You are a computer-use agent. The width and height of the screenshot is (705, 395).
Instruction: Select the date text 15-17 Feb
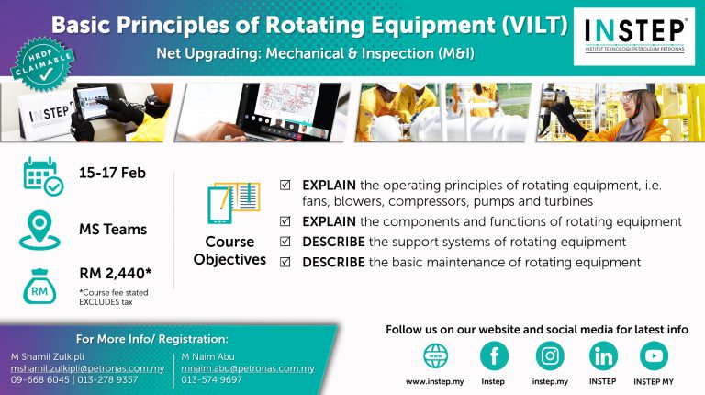pyautogui.click(x=112, y=172)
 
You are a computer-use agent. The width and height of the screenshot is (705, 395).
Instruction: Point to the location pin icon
pyautogui.click(x=41, y=229)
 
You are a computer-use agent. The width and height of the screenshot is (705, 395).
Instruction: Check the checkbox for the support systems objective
pyautogui.click(x=285, y=243)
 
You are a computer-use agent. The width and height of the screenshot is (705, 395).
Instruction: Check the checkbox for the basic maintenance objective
pyautogui.click(x=285, y=263)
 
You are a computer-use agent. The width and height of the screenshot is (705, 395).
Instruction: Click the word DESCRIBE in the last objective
pyautogui.click(x=332, y=263)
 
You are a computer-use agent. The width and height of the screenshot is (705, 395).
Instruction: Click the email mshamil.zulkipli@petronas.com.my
pyautogui.click(x=87, y=368)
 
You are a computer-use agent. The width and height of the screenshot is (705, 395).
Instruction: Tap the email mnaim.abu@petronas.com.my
pyautogui.click(x=248, y=368)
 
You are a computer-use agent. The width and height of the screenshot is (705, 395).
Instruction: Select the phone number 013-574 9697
pyautogui.click(x=212, y=379)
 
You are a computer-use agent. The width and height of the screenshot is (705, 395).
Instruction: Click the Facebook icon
pyautogui.click(x=494, y=355)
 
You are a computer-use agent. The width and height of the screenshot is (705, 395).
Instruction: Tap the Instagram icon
pyautogui.click(x=550, y=355)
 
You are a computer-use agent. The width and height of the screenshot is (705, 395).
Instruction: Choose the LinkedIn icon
pyautogui.click(x=602, y=355)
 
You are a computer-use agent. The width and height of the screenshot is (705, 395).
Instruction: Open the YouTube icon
pyautogui.click(x=654, y=355)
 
